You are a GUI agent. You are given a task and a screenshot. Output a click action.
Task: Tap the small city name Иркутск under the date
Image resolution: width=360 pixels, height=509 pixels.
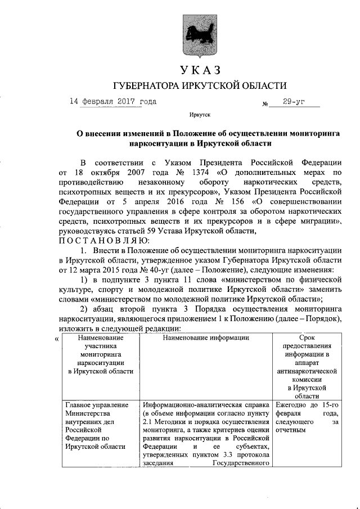point(200,115)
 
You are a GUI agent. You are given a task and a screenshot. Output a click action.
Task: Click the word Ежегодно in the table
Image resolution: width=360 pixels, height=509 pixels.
point(292,405)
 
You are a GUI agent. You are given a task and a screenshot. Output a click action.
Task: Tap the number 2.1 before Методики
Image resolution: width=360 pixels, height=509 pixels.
point(148,422)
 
